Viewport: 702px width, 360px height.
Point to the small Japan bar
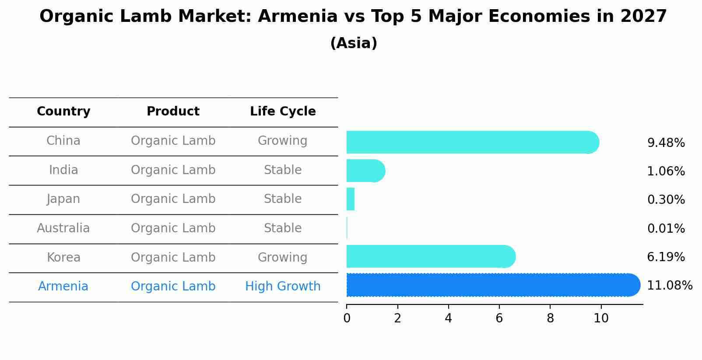pyautogui.click(x=350, y=199)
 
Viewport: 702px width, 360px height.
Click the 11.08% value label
pyautogui.click(x=669, y=286)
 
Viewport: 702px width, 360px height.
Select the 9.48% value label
pyautogui.click(x=666, y=143)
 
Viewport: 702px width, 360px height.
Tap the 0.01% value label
pyautogui.click(x=666, y=228)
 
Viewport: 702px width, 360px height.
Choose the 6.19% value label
pyautogui.click(x=666, y=257)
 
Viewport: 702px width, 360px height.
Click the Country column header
pyautogui.click(x=63, y=112)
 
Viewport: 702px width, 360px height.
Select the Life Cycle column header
pyautogui.click(x=283, y=112)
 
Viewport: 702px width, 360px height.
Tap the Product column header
pyautogui.click(x=173, y=112)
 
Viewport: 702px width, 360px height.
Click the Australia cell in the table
pyautogui.click(x=63, y=228)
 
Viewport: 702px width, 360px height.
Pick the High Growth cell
pyautogui.click(x=283, y=287)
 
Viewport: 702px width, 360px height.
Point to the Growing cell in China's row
pyautogui.click(x=283, y=141)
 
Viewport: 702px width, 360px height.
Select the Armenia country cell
pyautogui.click(x=63, y=287)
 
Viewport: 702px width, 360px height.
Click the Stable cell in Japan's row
pyautogui.click(x=283, y=199)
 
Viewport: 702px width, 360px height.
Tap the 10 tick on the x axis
pyautogui.click(x=601, y=318)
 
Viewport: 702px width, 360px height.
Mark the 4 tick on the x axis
pyautogui.click(x=448, y=318)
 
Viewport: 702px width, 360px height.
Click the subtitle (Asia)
pyautogui.click(x=354, y=43)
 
